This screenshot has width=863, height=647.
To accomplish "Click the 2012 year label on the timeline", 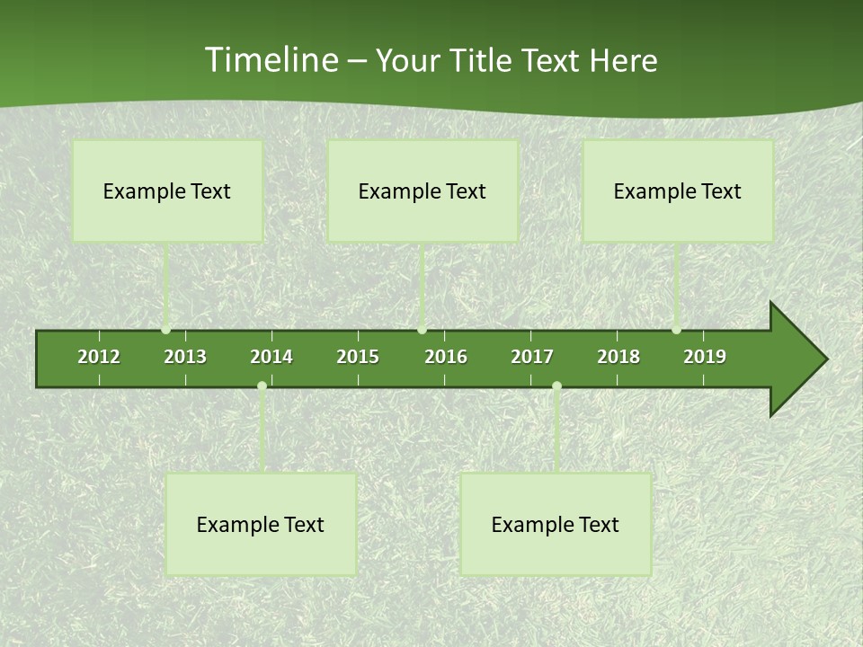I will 99,357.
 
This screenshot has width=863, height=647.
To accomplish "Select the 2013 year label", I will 185,357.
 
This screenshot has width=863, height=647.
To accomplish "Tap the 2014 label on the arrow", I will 271,357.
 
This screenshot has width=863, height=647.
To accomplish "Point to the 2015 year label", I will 358,357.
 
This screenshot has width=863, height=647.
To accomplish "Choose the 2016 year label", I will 446,357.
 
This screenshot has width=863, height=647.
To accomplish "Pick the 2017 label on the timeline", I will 532,357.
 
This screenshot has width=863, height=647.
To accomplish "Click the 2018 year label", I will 618,357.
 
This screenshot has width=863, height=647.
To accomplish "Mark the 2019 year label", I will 705,357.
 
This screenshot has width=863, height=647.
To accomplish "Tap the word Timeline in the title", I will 269,60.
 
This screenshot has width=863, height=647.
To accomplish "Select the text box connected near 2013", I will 167,191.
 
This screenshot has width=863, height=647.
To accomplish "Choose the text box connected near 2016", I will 423,191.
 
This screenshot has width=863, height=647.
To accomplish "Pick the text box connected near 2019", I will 678,191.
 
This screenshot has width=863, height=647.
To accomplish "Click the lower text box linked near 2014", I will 261,525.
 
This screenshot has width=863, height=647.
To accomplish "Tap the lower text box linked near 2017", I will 556,525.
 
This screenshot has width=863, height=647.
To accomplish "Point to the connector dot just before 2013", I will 166,330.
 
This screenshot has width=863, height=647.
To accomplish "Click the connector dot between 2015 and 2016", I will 422,330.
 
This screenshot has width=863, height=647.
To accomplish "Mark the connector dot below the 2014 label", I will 262,386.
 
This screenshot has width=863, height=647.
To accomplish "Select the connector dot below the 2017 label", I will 556,386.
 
